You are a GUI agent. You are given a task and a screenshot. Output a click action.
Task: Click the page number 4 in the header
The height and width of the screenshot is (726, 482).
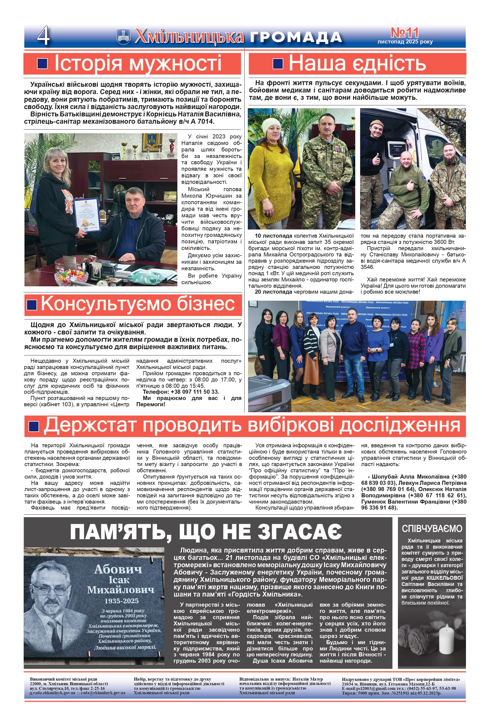[43, 36]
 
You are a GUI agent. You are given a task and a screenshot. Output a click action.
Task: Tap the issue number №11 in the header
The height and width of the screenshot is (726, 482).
[405, 33]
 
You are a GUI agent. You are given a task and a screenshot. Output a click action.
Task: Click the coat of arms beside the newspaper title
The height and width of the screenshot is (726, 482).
[123, 36]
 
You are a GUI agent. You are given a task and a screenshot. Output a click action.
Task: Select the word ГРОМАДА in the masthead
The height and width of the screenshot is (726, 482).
[296, 37]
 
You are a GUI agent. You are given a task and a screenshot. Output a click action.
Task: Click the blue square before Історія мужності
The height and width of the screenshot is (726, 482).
[42, 64]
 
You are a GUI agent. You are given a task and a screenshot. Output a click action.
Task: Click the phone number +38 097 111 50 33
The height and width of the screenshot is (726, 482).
[195, 392]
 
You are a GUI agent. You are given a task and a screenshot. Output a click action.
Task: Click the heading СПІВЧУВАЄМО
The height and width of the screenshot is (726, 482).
[432, 529]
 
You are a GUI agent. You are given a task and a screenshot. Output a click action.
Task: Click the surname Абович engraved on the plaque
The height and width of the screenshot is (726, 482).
[118, 569]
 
